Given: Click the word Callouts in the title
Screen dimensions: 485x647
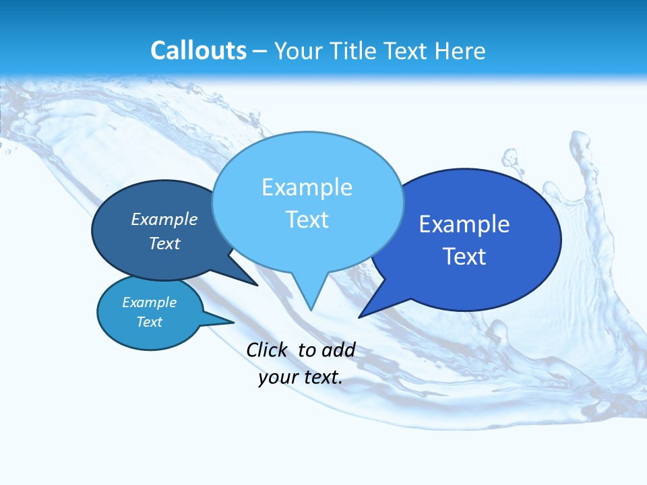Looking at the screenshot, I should [198, 51].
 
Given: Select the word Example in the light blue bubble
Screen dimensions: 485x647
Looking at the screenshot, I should [307, 187].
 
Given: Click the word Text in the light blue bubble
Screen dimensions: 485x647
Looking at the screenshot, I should [307, 220].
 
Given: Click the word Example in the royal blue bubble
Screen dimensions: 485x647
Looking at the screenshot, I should [464, 224].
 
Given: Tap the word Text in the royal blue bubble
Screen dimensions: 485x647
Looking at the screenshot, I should [464, 257].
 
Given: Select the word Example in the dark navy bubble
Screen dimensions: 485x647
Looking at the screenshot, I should [164, 219].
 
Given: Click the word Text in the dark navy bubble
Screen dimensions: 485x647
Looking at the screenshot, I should [164, 243].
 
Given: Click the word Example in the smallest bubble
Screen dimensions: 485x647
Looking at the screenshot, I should [149, 302].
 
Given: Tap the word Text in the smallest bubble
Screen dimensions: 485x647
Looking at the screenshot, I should [149, 322].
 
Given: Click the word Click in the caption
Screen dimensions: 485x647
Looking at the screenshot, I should [268, 350].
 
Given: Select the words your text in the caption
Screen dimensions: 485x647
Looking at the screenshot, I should [301, 377].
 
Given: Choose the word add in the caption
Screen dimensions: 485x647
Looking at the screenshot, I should [338, 350].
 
